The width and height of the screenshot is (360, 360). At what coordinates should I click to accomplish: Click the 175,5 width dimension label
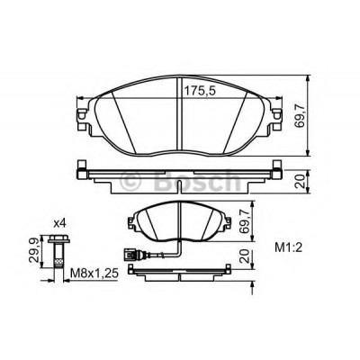[x=200, y=90]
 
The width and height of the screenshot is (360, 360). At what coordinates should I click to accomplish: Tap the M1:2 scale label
[x=288, y=247]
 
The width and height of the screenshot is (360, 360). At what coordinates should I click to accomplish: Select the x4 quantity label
[x=59, y=223]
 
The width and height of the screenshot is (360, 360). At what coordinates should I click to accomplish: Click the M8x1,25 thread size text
[x=94, y=274]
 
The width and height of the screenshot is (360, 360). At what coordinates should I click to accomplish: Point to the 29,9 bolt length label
[x=34, y=250]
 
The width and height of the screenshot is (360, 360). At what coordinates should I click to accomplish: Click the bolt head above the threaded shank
[x=58, y=239]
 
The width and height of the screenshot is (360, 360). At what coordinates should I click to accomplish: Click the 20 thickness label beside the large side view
[x=300, y=181]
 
